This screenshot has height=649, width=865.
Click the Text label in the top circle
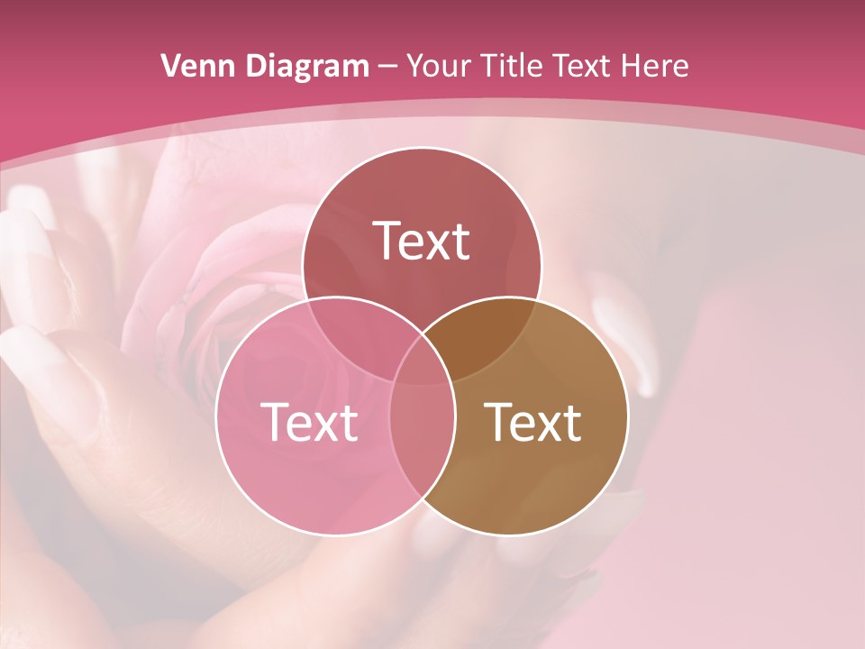coord(422,241)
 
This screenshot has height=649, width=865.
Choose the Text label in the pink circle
coord(309,422)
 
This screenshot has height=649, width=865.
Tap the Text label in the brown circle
coord(533,422)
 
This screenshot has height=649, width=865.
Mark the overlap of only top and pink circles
coord(356,334)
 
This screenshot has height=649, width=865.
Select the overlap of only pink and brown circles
coord(422,442)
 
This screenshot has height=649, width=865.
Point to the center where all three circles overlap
coord(422,365)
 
